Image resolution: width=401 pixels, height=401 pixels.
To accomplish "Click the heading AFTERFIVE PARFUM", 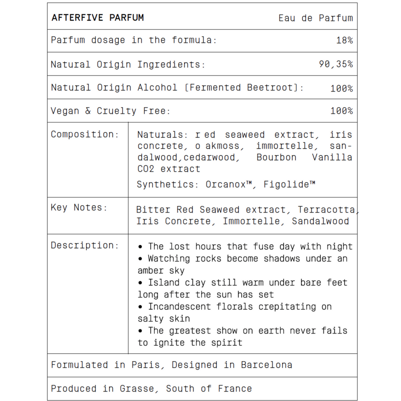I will point(98,18).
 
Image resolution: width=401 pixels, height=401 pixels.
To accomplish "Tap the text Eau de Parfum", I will point(316,18).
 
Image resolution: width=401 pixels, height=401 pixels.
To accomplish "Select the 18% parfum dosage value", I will point(344,40).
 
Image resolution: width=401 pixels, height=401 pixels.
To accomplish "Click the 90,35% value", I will point(336,64).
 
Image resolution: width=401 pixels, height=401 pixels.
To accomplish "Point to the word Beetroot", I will point(270,87).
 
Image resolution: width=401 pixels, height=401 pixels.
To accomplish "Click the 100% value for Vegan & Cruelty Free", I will point(341,111).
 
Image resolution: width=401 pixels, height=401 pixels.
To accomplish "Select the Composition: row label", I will point(85,134).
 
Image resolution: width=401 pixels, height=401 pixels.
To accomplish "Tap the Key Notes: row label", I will point(79,208).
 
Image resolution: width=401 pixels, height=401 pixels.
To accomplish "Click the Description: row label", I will point(85,246).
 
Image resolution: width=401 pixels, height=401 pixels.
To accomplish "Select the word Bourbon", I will point(276,157).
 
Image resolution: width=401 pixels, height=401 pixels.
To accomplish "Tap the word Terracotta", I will point(327,210).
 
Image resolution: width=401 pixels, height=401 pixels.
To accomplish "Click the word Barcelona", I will point(266,365).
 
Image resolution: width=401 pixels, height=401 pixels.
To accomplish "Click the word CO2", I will point(146,169).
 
